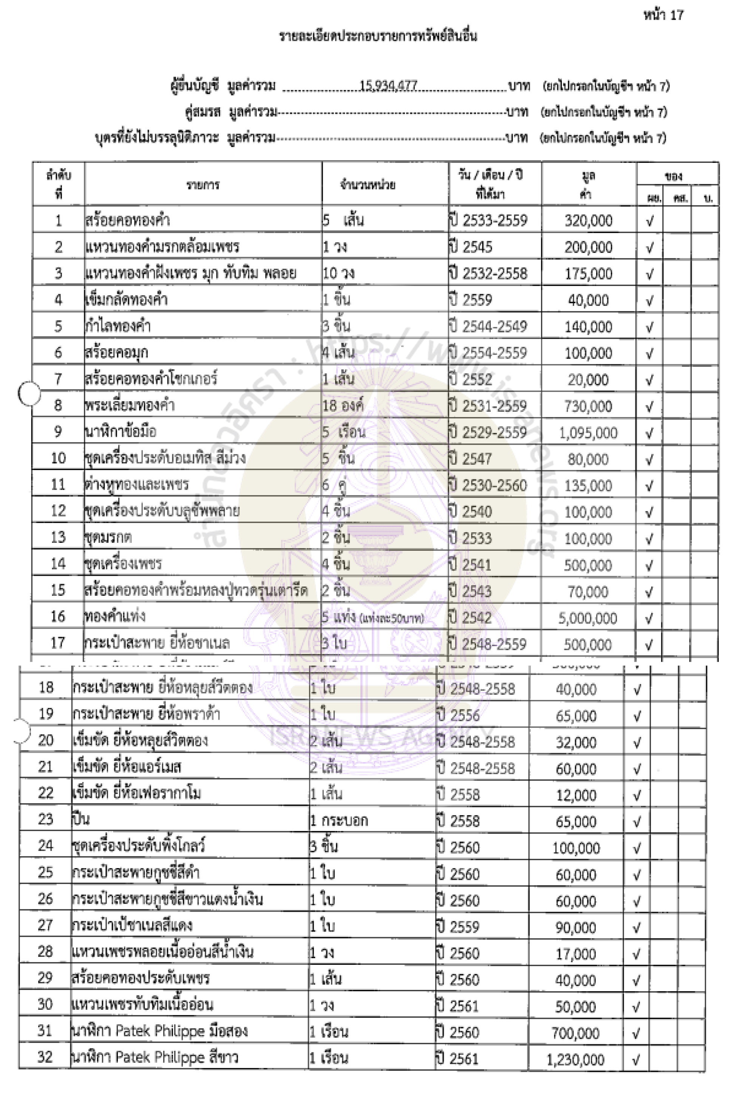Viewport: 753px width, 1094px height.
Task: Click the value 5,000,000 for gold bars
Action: [588, 618]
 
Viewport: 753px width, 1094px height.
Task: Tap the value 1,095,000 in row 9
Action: [588, 433]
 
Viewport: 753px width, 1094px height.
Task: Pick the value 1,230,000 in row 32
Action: [575, 1060]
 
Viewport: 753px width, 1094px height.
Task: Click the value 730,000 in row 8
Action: [588, 406]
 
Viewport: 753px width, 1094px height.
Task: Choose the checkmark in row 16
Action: [649, 618]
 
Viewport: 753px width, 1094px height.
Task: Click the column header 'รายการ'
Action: [203, 184]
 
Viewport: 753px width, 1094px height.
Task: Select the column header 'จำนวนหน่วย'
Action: [368, 184]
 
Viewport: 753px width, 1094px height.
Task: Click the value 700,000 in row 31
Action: [575, 1033]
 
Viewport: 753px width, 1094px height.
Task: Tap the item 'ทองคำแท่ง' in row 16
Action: [114, 617]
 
